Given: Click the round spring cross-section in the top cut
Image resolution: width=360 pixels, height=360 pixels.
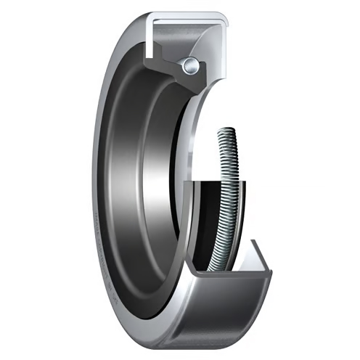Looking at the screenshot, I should (x=190, y=65).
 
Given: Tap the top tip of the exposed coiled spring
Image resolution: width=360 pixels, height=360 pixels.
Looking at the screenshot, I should (x=226, y=131).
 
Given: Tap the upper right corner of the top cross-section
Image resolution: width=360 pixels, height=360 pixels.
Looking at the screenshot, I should (x=221, y=15).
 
